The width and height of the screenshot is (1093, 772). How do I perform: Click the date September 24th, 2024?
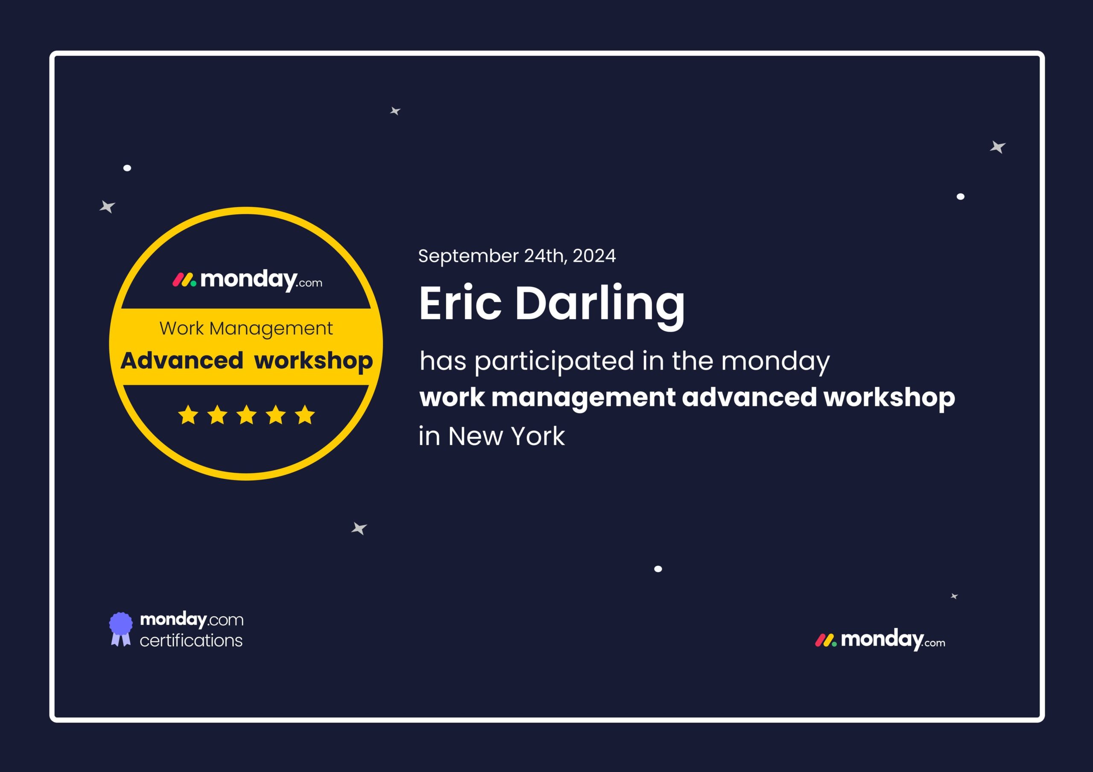[517, 256]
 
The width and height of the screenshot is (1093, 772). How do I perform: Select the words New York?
[506, 436]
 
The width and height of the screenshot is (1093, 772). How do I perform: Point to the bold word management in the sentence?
[583, 398]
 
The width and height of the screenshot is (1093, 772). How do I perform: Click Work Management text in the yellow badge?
[246, 329]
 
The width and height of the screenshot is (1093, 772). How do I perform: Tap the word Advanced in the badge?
[182, 360]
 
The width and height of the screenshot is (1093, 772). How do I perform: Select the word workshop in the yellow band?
[313, 362]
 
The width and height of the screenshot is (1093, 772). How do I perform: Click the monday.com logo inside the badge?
[247, 280]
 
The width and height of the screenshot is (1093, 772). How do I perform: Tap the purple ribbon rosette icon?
[121, 629]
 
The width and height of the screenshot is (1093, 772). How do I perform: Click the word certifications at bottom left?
[191, 641]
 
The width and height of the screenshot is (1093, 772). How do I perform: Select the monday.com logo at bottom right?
[880, 640]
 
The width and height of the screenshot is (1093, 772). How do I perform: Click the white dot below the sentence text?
[658, 569]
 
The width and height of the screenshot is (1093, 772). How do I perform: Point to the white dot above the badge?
[127, 168]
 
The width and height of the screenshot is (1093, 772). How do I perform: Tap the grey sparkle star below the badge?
[359, 528]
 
